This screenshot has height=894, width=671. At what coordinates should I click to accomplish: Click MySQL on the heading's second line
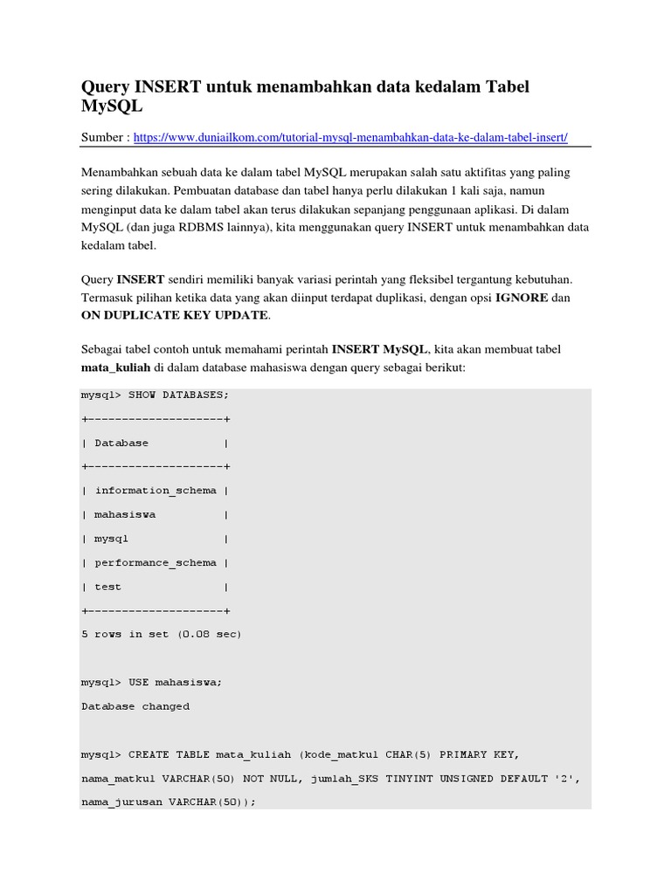112,107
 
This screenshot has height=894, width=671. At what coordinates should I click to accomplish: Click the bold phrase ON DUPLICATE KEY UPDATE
175,315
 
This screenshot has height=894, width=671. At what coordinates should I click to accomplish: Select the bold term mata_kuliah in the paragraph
116,368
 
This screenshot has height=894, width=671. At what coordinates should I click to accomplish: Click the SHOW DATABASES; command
178,395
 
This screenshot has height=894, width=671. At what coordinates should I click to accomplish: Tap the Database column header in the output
121,443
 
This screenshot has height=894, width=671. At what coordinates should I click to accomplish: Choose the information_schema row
156,491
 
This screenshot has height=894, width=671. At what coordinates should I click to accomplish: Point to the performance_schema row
156,563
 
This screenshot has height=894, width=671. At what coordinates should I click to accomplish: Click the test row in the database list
108,587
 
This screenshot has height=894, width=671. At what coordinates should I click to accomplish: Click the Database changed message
135,706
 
